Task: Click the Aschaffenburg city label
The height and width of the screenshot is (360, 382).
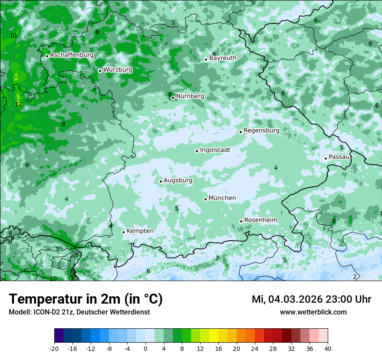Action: click(72, 55)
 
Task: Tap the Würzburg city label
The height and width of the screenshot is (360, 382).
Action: click(118, 70)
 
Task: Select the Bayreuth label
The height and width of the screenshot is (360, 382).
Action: click(223, 58)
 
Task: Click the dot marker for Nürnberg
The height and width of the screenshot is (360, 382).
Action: click(173, 98)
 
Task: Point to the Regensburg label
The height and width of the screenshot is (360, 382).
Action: click(261, 131)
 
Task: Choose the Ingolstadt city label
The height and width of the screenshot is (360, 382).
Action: click(215, 150)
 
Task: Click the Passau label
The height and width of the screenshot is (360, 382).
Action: click(339, 157)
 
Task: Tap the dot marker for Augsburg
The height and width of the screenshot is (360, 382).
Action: click(161, 181)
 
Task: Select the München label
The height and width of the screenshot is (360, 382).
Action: click(222, 198)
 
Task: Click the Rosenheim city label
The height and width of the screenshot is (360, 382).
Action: click(260, 220)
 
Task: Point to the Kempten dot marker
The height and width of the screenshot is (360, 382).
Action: click(123, 232)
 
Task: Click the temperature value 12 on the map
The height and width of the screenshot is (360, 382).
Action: click(18, 105)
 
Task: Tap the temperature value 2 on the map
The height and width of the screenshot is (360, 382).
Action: click(355, 277)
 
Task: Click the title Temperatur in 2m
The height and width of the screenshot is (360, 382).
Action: click(86, 299)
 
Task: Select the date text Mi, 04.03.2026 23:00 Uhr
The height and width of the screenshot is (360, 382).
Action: click(311, 299)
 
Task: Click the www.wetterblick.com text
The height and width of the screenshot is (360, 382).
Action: click(313, 312)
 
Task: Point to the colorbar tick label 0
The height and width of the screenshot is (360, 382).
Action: click(145, 348)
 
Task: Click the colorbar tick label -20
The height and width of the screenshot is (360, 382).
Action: click(54, 348)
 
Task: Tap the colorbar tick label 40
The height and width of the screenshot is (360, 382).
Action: click(327, 348)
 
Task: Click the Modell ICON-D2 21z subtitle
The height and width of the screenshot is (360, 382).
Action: click(79, 312)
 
